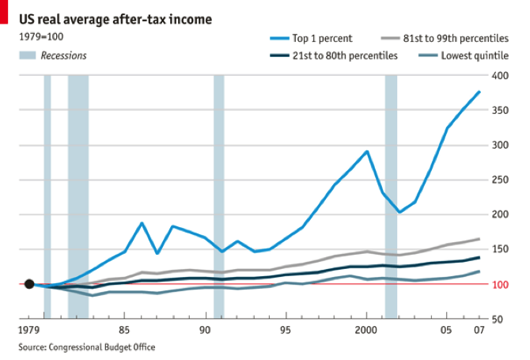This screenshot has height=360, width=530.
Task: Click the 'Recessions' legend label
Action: [x=63, y=55]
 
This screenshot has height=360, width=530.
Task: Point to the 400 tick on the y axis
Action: [x=498, y=75]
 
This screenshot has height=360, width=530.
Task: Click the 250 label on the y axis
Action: [x=498, y=180]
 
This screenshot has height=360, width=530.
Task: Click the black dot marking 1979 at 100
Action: [x=29, y=284]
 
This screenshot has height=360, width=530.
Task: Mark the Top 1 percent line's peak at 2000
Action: [x=367, y=151]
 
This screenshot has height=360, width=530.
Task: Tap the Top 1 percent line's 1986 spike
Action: [x=142, y=223]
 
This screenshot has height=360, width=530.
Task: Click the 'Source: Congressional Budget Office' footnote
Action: [x=87, y=347]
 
